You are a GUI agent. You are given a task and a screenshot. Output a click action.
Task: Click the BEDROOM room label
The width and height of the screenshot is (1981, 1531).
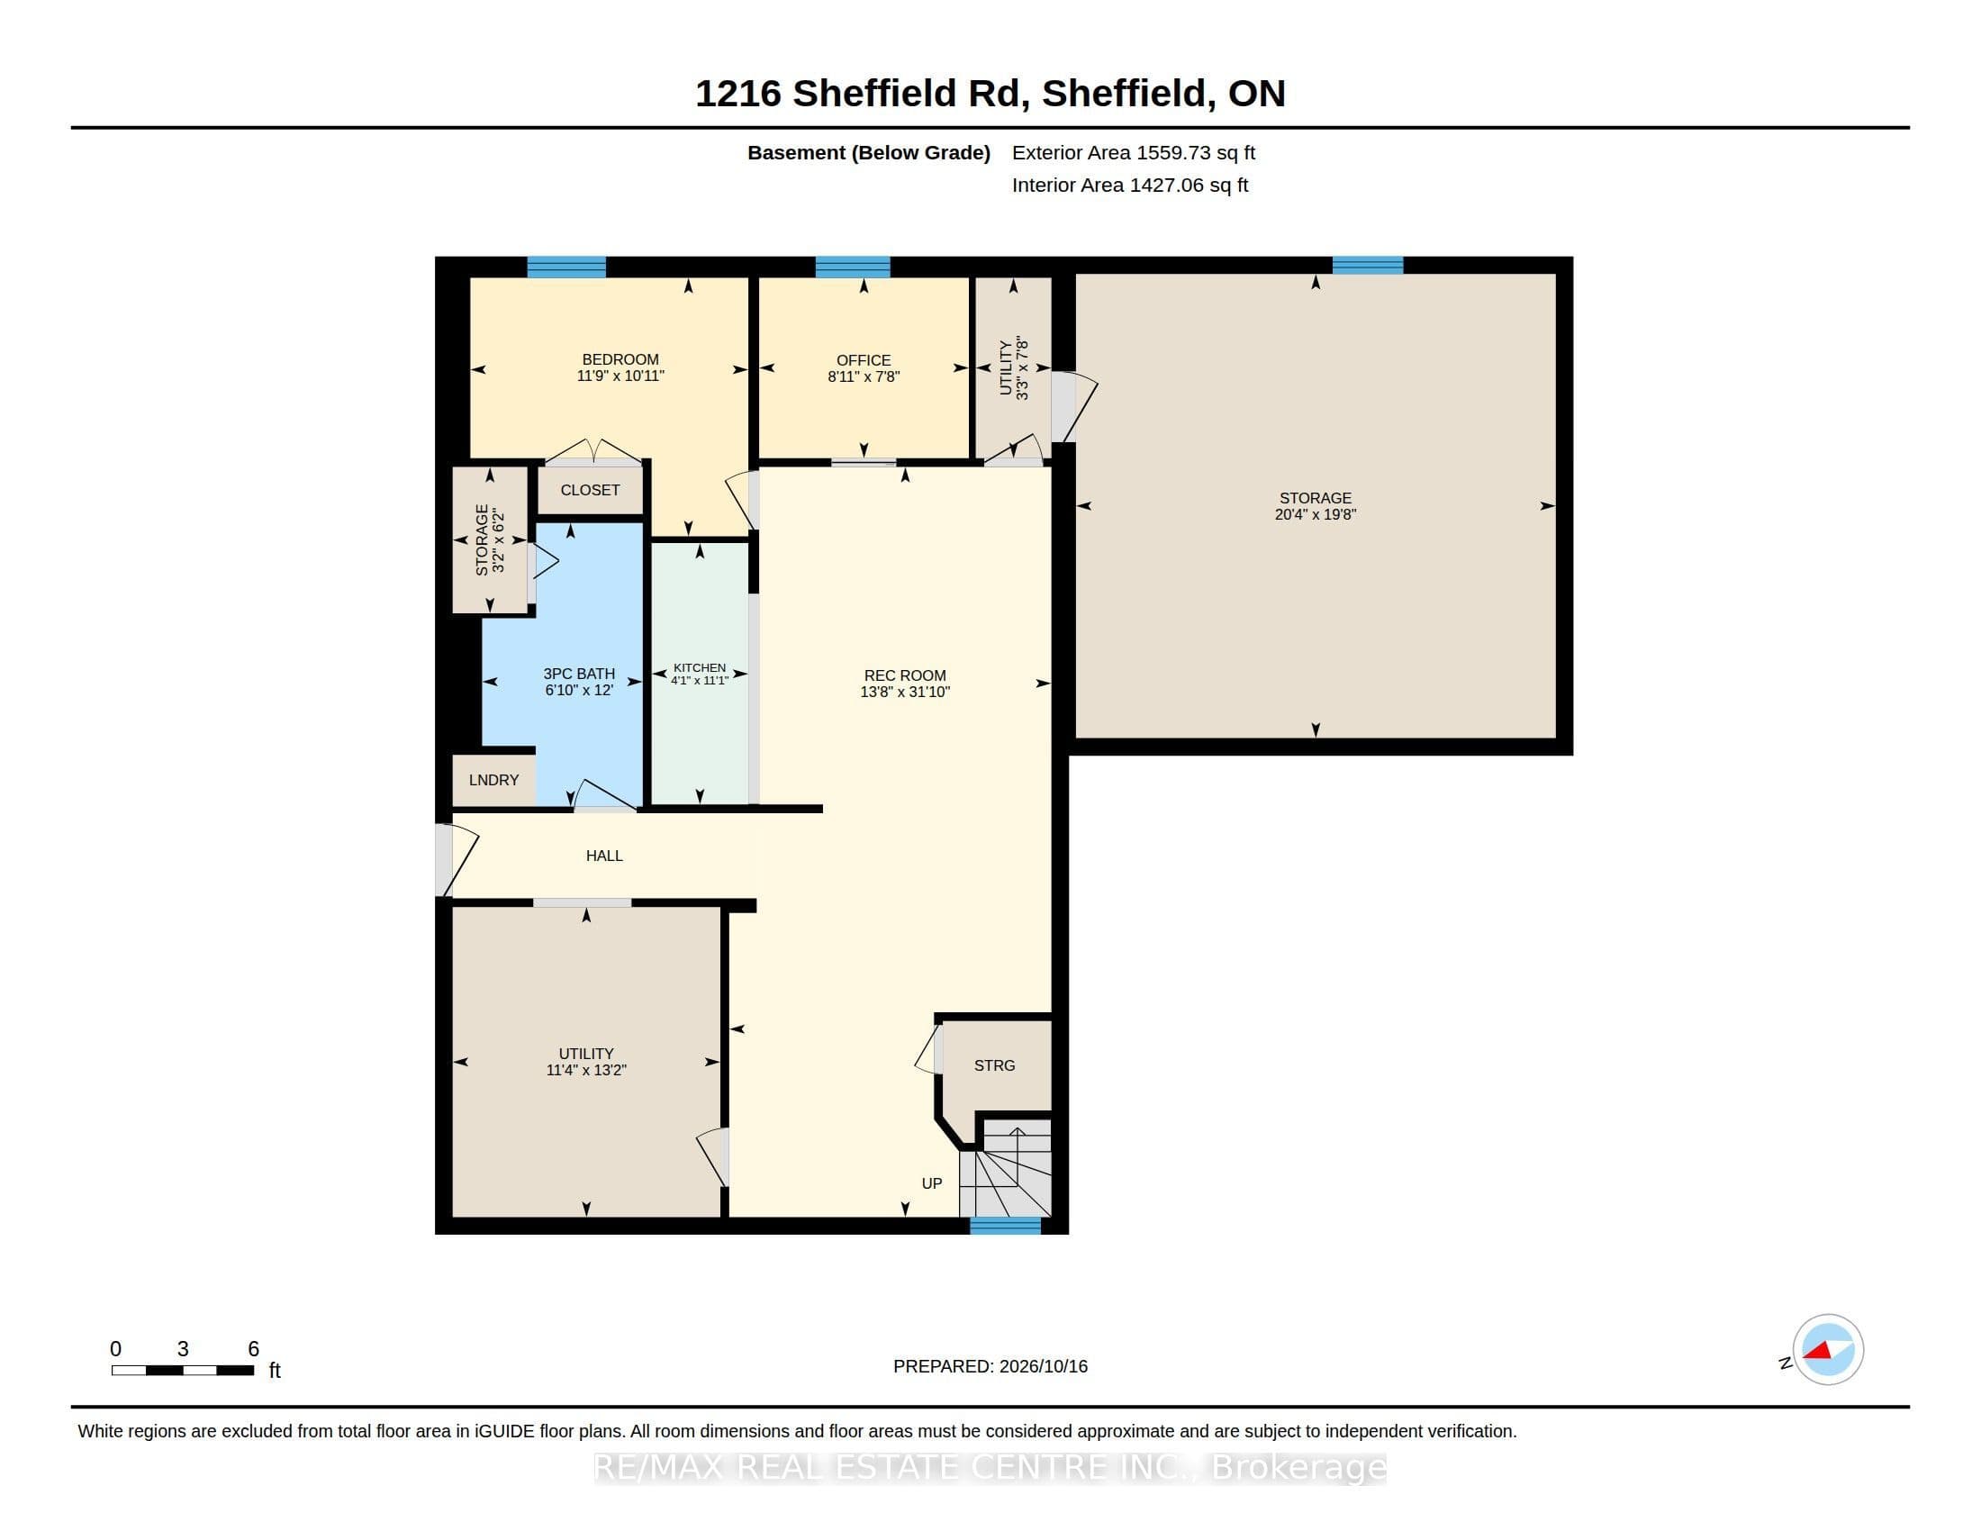[620, 359]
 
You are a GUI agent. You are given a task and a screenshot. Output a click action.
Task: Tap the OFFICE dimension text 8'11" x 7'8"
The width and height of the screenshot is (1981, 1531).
[864, 376]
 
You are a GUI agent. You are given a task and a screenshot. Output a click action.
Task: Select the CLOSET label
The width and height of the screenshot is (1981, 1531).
[591, 490]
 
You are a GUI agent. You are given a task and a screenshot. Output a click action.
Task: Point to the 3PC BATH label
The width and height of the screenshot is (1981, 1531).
[579, 674]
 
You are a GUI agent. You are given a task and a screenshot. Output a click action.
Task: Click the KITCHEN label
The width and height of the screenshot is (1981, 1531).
[700, 667]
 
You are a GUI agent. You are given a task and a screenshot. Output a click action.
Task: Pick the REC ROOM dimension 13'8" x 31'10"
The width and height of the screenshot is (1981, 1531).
[905, 692]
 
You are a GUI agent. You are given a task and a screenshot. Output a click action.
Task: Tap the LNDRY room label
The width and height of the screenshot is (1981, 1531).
[494, 780]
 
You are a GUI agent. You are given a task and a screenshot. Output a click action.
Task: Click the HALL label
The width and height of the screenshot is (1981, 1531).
[604, 856]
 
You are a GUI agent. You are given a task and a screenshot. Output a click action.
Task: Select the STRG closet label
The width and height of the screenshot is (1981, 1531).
[995, 1065]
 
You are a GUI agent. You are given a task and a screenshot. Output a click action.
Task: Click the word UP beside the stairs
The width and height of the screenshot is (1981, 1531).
[932, 1183]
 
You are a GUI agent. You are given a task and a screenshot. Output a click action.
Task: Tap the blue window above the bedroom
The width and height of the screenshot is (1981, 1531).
[567, 267]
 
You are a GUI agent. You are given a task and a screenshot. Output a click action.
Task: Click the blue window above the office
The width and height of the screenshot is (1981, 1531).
[853, 267]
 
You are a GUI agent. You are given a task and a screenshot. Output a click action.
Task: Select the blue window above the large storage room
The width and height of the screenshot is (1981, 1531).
[1368, 265]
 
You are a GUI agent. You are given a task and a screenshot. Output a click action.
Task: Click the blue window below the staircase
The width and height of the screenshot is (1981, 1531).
[1005, 1226]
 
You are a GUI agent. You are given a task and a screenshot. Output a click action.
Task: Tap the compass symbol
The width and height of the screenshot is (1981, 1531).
[1828, 1350]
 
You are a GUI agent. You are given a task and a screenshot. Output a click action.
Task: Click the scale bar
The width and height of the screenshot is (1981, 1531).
[182, 1371]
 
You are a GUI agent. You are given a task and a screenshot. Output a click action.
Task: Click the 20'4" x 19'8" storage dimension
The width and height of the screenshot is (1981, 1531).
[1316, 514]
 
